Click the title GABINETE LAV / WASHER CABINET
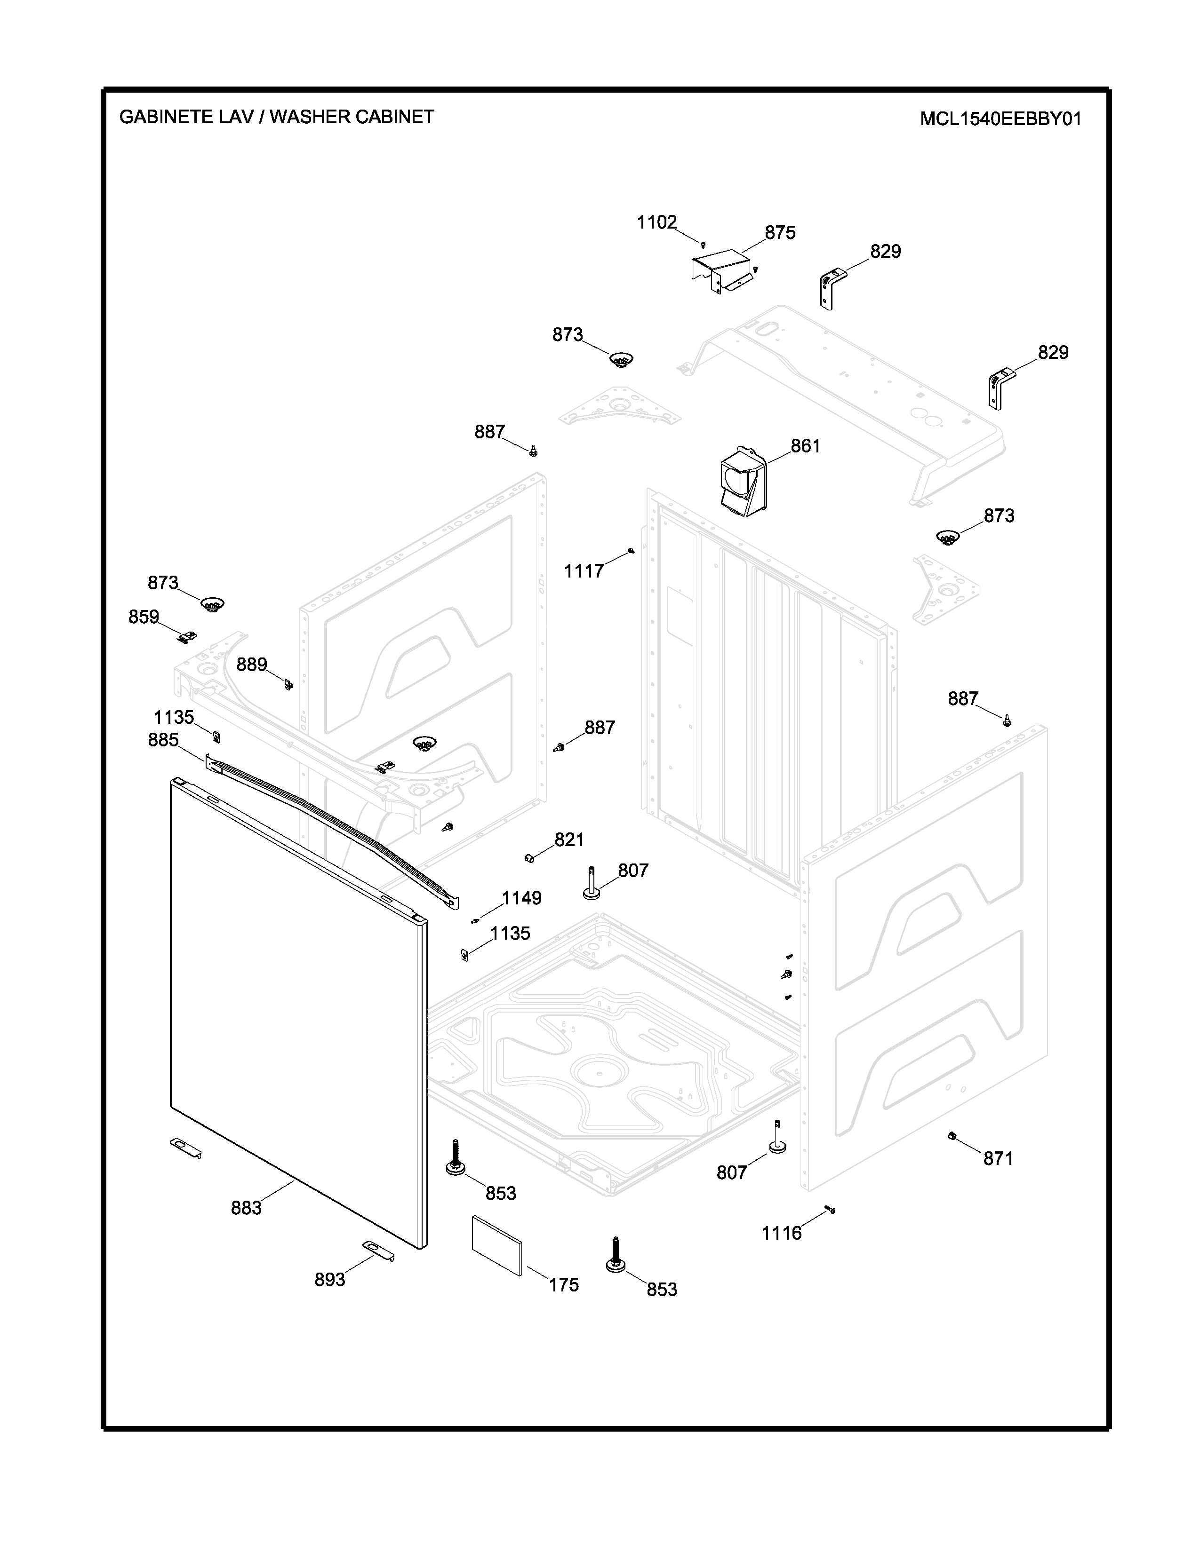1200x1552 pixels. (x=277, y=117)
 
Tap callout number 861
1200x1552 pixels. (x=806, y=446)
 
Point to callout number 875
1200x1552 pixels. (x=780, y=233)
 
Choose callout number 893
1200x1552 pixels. (x=330, y=1279)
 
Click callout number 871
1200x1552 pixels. (x=998, y=1158)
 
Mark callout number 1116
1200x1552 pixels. (x=781, y=1234)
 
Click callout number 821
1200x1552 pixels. (x=569, y=840)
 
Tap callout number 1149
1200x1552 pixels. (x=522, y=898)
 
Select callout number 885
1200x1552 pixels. (x=163, y=740)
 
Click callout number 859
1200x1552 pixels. (x=144, y=617)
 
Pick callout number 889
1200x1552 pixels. (x=252, y=665)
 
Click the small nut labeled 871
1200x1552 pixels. (x=951, y=1136)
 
